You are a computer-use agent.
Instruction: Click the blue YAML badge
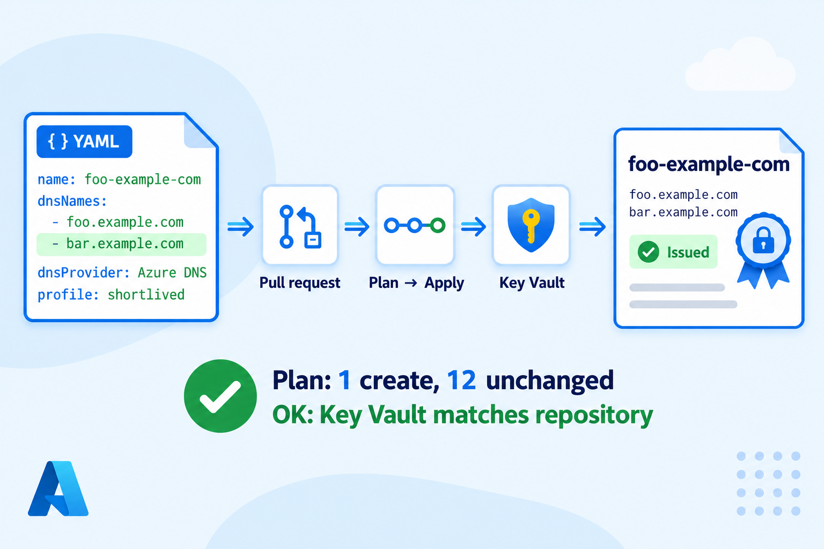(84, 142)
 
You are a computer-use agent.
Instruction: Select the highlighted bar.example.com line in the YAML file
(121, 244)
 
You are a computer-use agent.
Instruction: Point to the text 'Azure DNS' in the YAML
(172, 273)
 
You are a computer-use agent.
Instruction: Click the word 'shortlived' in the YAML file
(146, 295)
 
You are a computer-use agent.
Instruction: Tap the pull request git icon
(300, 226)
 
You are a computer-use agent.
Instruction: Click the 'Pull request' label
(300, 283)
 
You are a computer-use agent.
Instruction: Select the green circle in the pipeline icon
(438, 225)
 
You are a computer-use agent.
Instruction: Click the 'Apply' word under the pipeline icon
(444, 283)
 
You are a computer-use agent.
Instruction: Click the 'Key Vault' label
(532, 283)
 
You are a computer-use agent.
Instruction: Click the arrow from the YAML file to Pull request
(240, 226)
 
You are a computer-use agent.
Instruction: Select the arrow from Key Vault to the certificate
(592, 226)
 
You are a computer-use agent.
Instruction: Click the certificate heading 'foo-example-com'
(709, 164)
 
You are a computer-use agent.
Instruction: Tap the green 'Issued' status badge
(673, 252)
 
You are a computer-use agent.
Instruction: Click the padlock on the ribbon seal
(763, 241)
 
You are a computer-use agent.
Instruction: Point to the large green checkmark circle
(220, 396)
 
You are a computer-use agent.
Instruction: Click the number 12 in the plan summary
(461, 380)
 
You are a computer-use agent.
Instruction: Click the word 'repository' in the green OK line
(594, 416)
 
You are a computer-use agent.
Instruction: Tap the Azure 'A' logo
(58, 489)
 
